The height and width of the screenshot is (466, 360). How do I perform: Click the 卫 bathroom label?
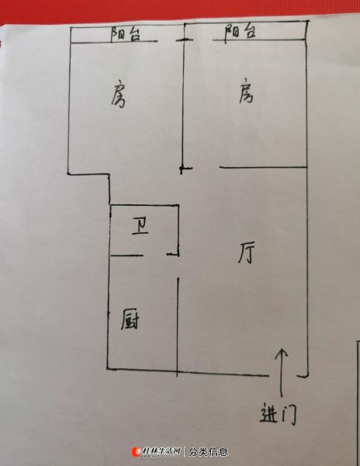pos(140,227)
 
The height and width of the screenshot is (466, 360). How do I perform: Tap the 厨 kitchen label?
pos(130,319)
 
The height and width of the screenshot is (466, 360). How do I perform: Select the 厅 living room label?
pos(246,253)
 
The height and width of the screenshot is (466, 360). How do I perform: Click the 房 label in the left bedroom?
pos(119,93)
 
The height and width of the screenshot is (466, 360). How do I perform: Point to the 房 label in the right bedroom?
pos(246,91)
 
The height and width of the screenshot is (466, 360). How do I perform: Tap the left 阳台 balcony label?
pos(126,33)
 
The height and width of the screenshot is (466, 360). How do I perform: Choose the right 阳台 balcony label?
pos(240,32)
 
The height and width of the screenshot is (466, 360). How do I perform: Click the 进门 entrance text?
pos(279,413)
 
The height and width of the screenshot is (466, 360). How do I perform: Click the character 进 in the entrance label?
pos(269,412)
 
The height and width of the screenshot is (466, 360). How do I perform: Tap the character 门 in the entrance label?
pos(289,414)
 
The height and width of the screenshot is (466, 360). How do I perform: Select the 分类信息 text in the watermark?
pos(208,452)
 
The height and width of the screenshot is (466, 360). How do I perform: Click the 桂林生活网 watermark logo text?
pos(161,451)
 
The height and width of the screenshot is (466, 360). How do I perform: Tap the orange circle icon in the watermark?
pos(137,452)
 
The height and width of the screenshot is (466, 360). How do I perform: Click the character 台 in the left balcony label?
pos(133,34)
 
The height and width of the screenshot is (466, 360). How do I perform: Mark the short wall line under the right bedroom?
pos(263,167)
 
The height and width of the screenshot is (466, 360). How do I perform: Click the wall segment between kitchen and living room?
pos(178,327)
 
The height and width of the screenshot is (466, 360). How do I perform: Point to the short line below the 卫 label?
pos(126,255)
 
